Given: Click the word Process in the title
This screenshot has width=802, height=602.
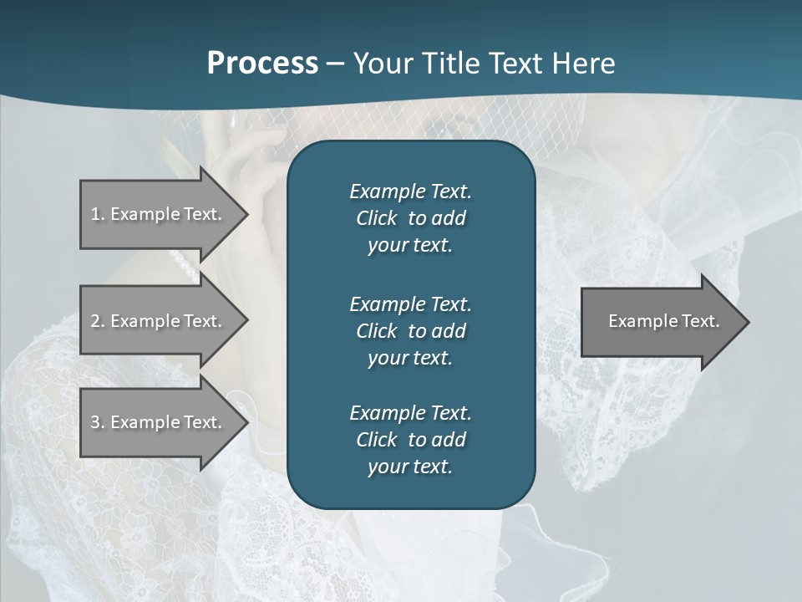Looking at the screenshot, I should pyautogui.click(x=262, y=64).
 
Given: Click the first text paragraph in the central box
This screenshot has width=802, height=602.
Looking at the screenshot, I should pyautogui.click(x=410, y=218).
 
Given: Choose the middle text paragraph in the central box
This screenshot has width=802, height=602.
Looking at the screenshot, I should pyautogui.click(x=410, y=330).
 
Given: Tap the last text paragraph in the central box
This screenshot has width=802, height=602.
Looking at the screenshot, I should pyautogui.click(x=410, y=440).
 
